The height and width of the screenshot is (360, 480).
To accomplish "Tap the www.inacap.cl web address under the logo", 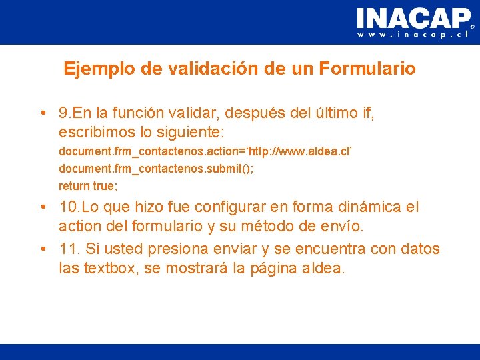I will (413, 35).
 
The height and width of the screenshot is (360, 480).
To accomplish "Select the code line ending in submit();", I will (155, 169).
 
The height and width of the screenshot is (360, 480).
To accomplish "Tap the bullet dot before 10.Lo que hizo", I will (43, 207).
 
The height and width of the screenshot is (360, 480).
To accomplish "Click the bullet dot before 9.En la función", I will (43, 114).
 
